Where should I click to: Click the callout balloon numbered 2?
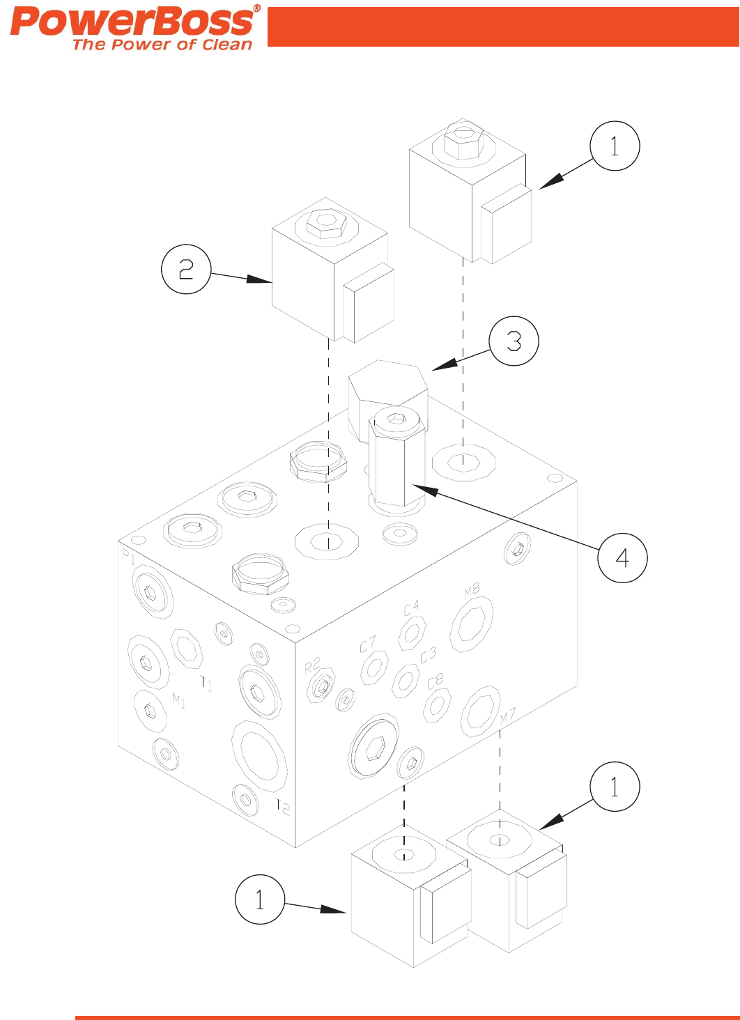[x=186, y=269]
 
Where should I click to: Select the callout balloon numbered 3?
[x=514, y=341]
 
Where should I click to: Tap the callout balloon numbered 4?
[x=622, y=557]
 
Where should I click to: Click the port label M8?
[x=472, y=591]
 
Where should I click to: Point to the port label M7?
[x=507, y=716]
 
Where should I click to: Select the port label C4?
[x=412, y=608]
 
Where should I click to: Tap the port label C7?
[x=368, y=644]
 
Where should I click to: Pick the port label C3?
[x=428, y=656]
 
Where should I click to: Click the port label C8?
[x=435, y=681]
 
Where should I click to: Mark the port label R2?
[x=312, y=665]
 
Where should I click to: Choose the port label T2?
[x=282, y=807]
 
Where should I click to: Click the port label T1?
[x=206, y=683]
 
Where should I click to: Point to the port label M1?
[x=179, y=701]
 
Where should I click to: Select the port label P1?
[x=128, y=556]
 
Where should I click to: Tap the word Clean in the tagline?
[x=226, y=45]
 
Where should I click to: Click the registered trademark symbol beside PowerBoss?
[x=256, y=8]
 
